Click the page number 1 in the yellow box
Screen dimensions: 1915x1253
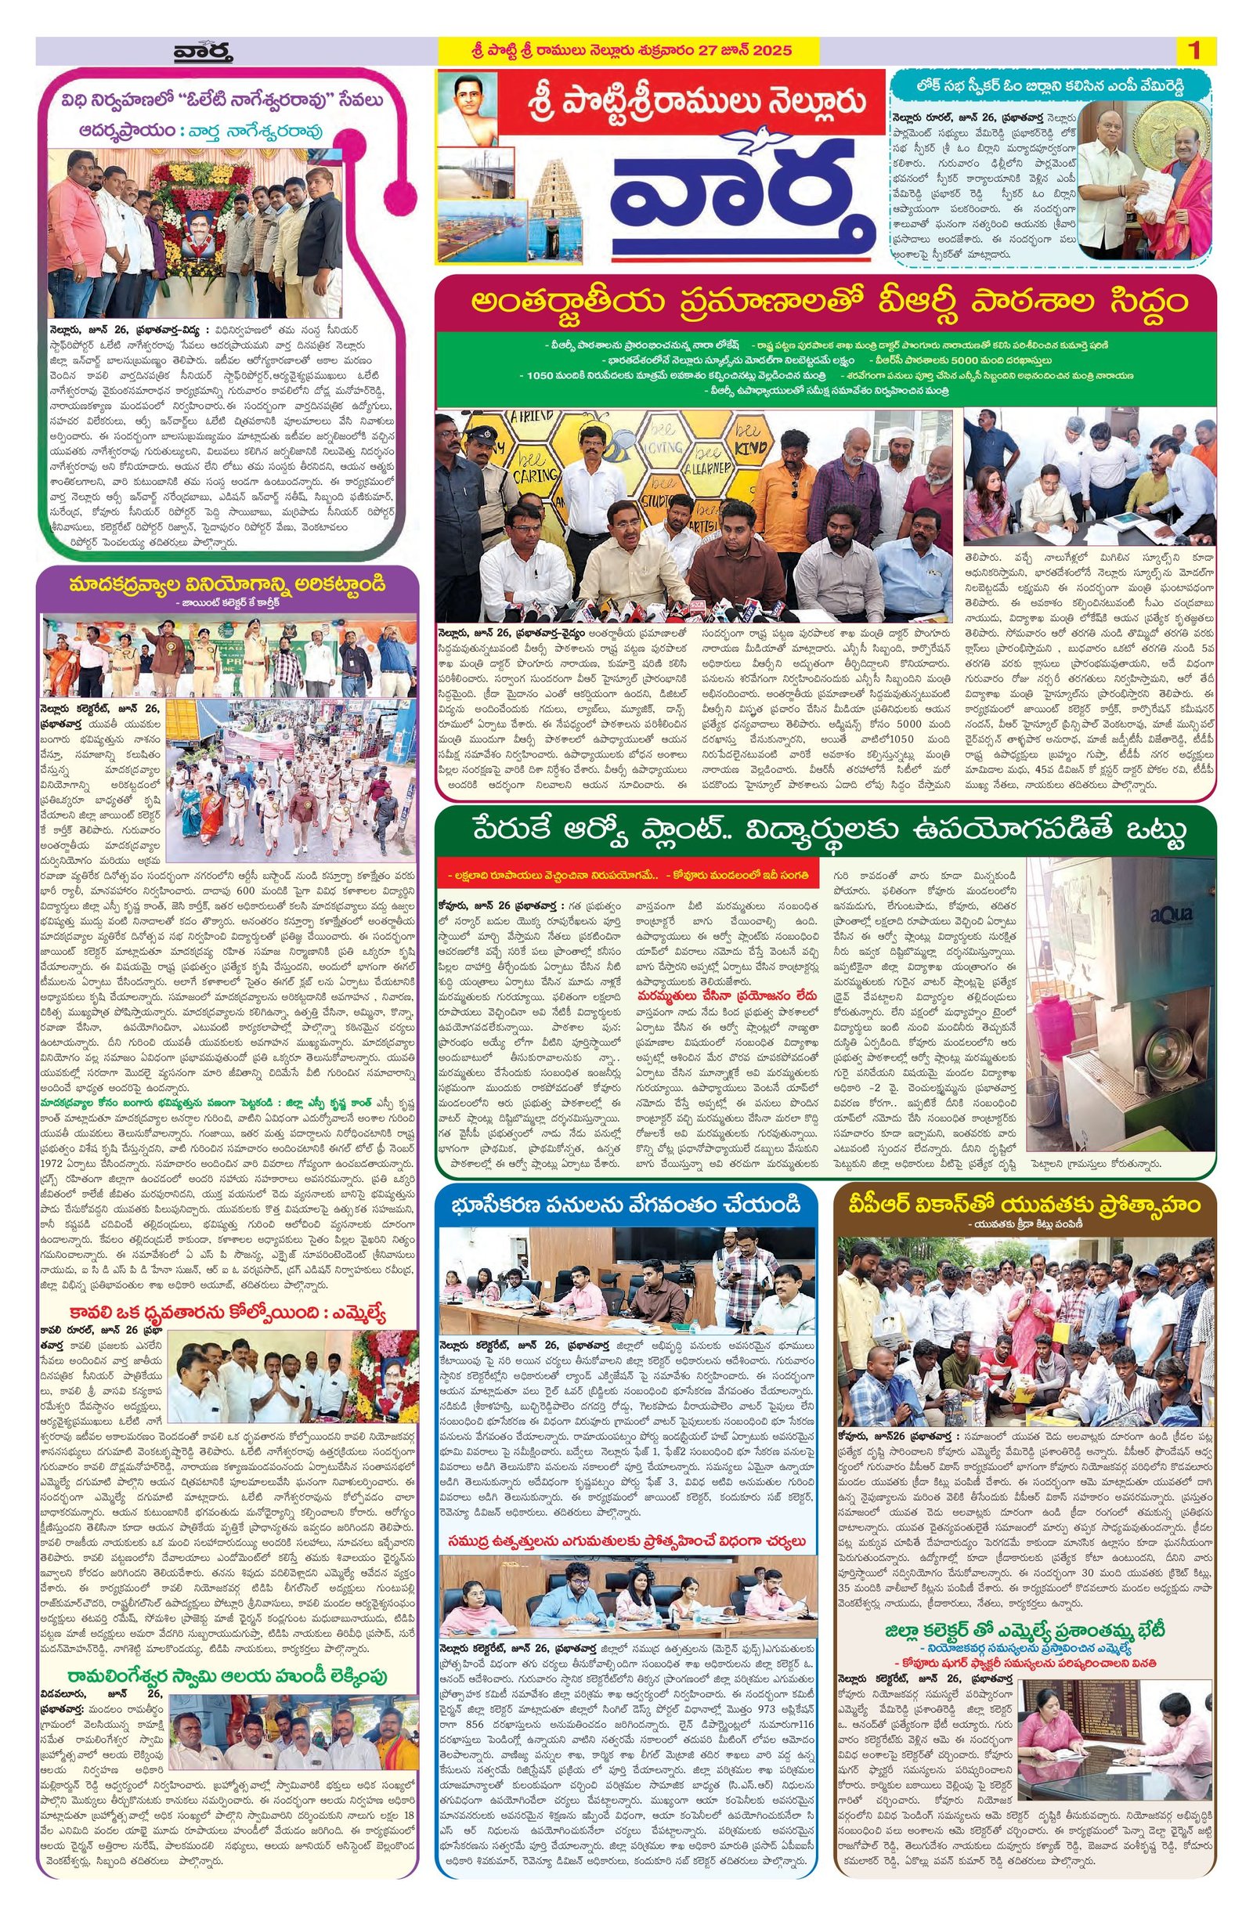click(1193, 52)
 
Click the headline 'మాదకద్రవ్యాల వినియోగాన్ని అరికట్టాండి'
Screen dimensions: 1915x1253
click(229, 582)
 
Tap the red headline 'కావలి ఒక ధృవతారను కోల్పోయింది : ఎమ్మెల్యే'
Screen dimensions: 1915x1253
click(229, 1315)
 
